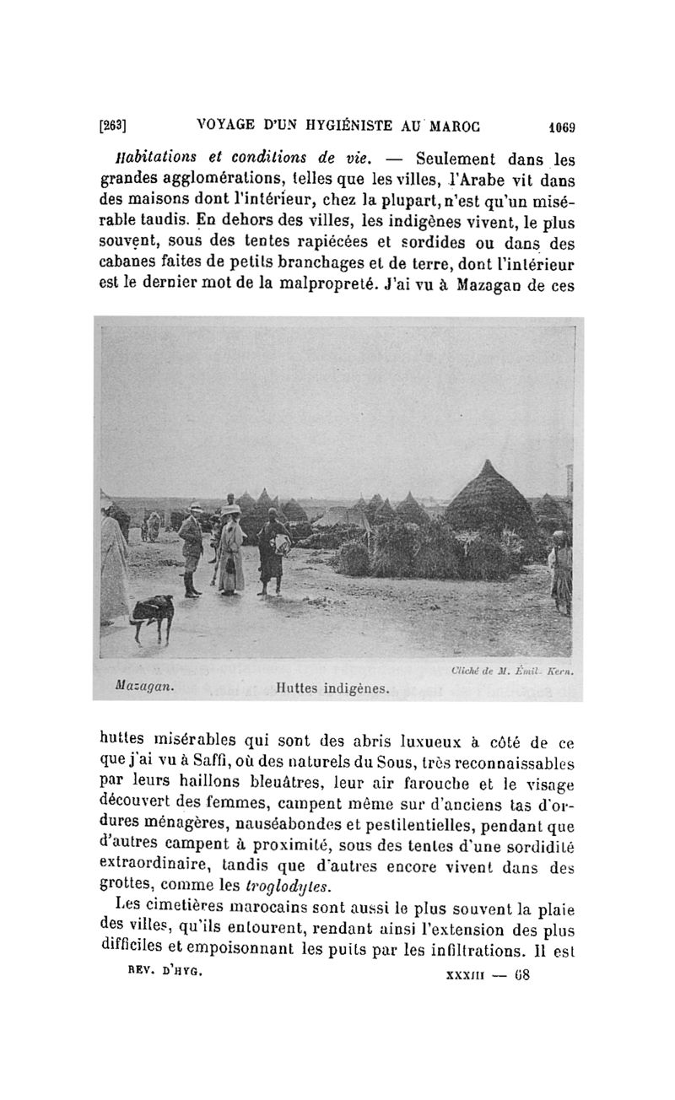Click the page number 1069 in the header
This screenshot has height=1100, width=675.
pos(558,127)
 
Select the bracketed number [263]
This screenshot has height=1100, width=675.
pos(113,126)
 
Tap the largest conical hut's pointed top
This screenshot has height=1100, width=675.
pos(488,465)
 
